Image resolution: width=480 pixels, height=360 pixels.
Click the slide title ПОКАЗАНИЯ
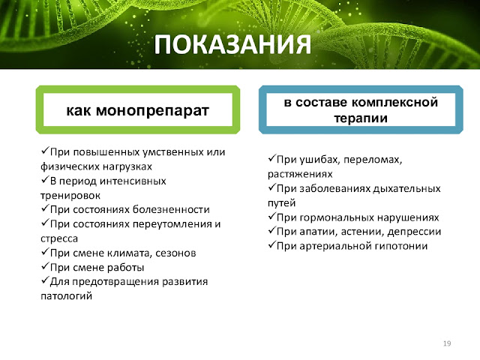click(x=232, y=44)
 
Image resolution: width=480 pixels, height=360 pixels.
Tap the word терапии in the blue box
click(x=361, y=118)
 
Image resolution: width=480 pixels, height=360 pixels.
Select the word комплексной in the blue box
click(x=395, y=102)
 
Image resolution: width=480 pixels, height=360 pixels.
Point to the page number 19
click(x=447, y=343)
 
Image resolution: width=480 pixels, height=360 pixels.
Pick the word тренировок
click(x=70, y=195)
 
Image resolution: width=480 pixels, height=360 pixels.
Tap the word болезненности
click(x=171, y=210)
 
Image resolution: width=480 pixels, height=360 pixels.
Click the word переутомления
click(x=172, y=224)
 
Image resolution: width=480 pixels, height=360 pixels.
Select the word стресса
click(x=59, y=238)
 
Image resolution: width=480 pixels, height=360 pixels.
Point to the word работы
click(x=125, y=268)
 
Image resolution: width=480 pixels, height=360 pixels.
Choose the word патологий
click(x=67, y=296)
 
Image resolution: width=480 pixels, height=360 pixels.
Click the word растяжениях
click(x=300, y=174)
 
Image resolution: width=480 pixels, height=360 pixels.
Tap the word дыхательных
click(x=406, y=188)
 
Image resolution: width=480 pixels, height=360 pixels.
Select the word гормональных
click(x=337, y=217)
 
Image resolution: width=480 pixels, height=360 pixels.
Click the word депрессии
click(x=414, y=232)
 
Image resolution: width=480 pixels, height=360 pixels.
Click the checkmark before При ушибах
click(x=271, y=158)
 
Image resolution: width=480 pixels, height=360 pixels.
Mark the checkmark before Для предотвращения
click(x=45, y=280)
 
